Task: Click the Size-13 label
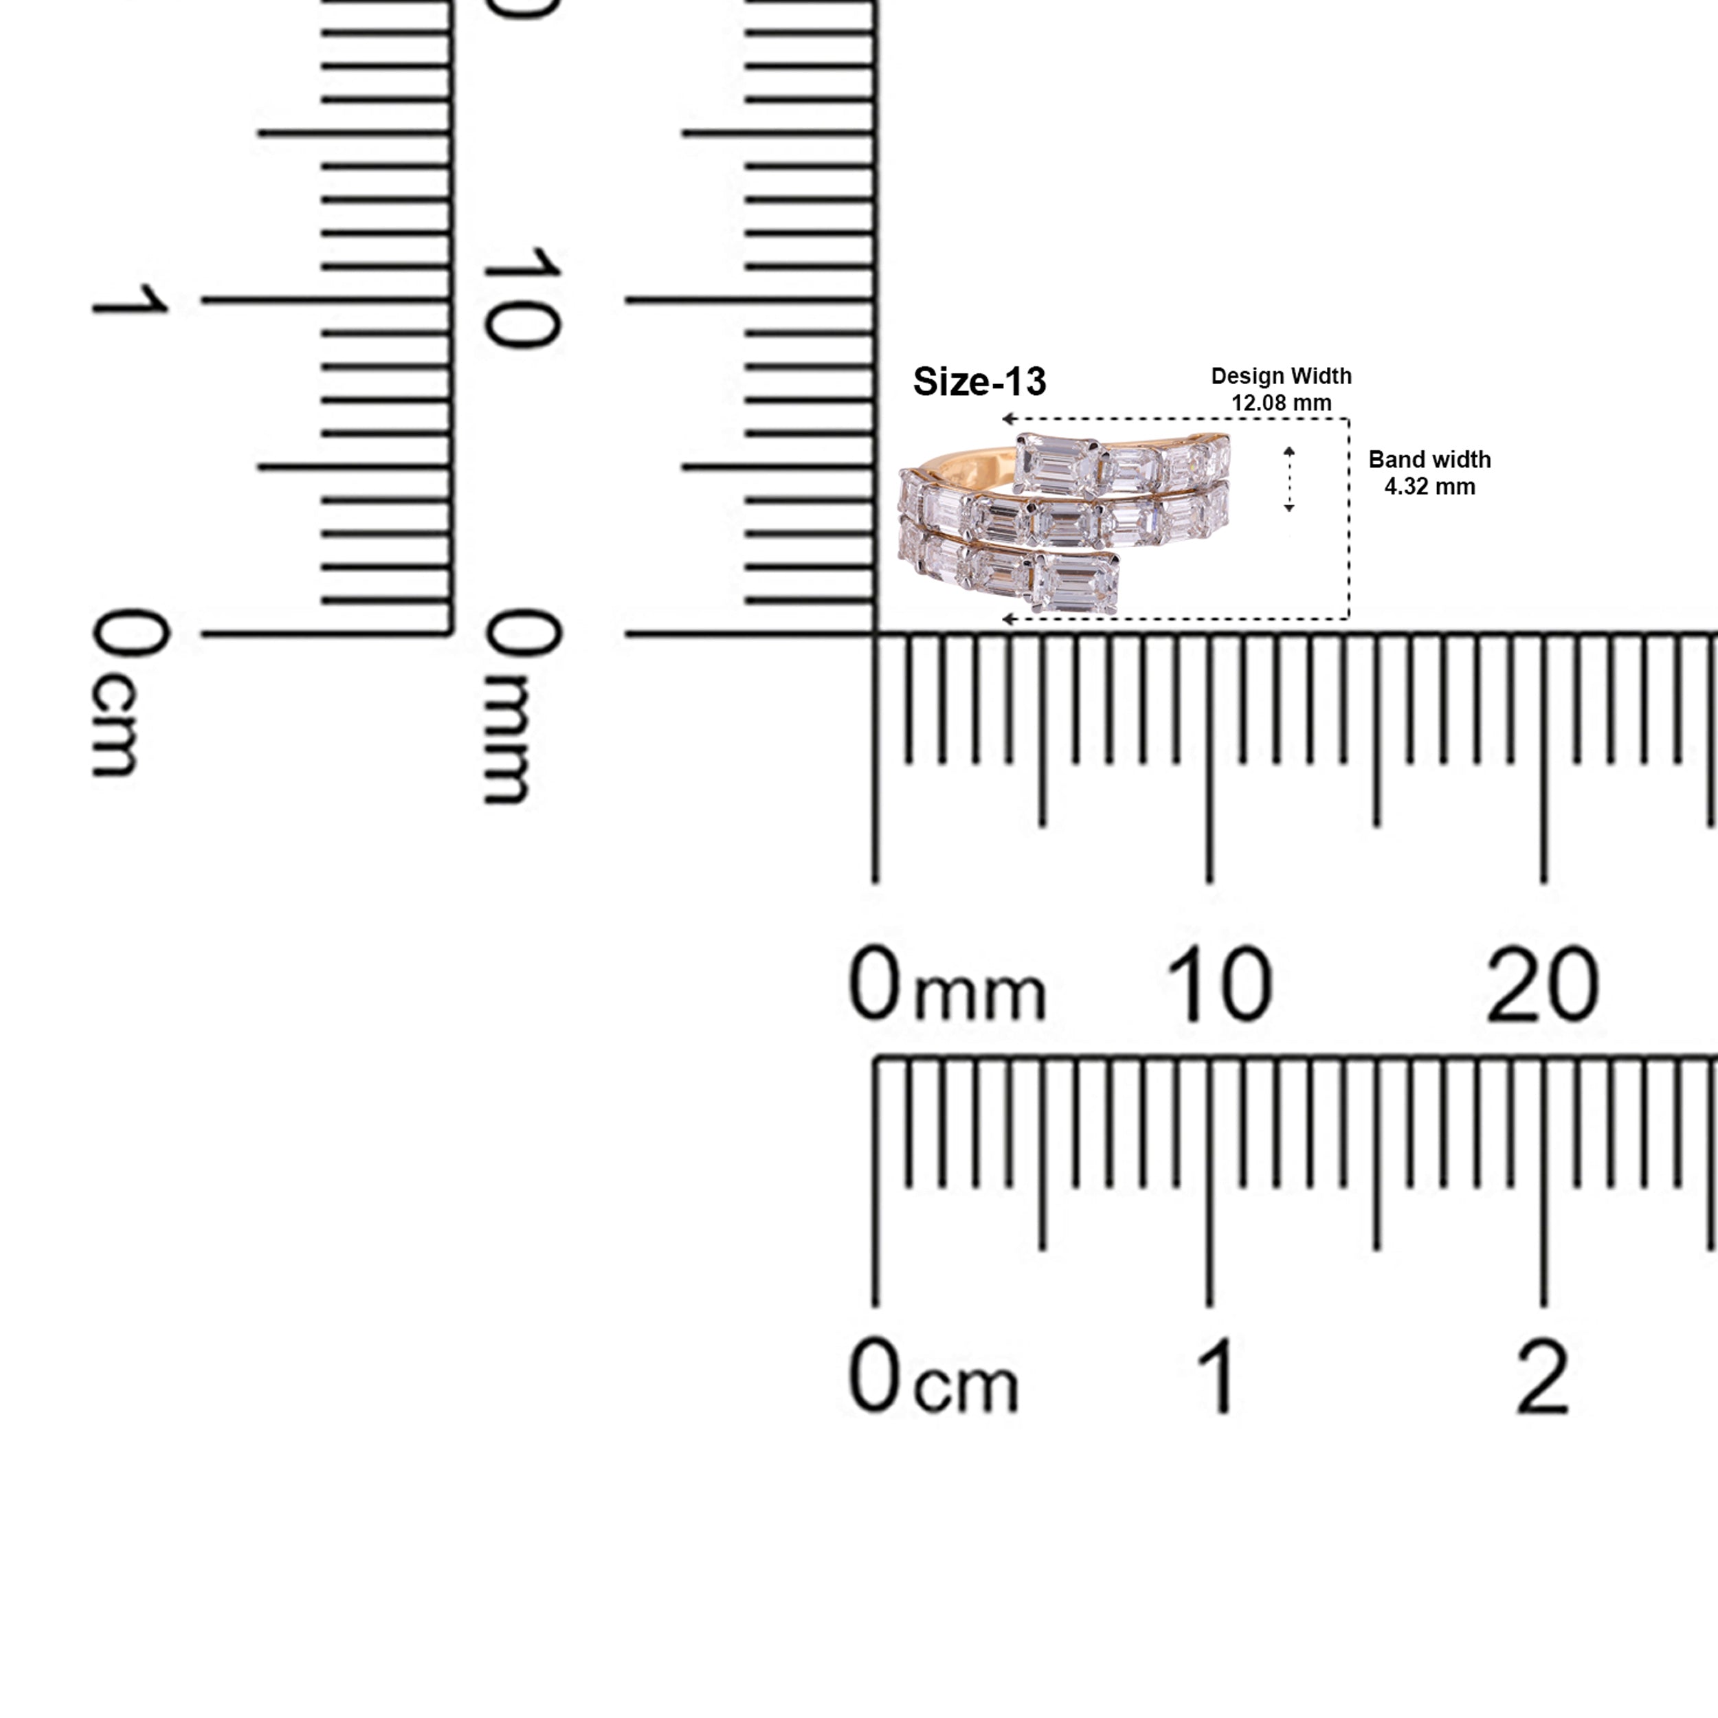pyautogui.click(x=979, y=381)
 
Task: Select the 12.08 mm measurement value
pyautogui.click(x=1282, y=403)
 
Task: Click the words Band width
pyautogui.click(x=1430, y=460)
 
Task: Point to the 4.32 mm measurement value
pyautogui.click(x=1430, y=487)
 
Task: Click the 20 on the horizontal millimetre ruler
pyautogui.click(x=1543, y=984)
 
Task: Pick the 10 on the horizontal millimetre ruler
pyautogui.click(x=1218, y=984)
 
